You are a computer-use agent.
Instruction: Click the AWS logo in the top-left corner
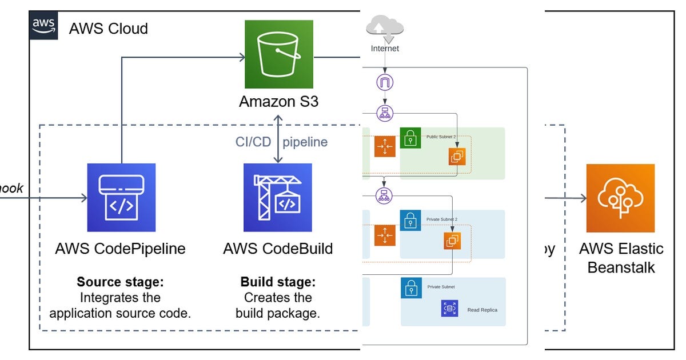tap(43, 26)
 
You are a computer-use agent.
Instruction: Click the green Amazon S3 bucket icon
tap(279, 54)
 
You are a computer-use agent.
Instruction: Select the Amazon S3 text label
tap(279, 102)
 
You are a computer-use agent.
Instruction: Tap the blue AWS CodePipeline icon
tap(121, 198)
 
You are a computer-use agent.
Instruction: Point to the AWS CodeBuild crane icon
tap(278, 198)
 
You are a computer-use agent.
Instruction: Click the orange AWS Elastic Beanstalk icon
tap(620, 198)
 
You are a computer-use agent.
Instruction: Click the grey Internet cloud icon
tap(385, 28)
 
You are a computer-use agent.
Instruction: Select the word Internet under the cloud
tap(385, 49)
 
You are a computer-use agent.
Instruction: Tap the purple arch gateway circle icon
tap(385, 83)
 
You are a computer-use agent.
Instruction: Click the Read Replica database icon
tap(450, 309)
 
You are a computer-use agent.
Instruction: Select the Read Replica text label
tap(482, 310)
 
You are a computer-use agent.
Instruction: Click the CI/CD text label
tap(253, 142)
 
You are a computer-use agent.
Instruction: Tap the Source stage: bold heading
tap(120, 282)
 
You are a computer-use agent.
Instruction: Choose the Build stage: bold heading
tap(278, 282)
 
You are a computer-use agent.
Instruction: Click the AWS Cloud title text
tap(108, 28)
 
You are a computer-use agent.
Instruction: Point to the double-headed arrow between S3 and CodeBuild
tap(278, 139)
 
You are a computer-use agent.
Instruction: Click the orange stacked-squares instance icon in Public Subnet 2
tap(457, 156)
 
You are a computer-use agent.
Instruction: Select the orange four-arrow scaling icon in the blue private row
tap(385, 235)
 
